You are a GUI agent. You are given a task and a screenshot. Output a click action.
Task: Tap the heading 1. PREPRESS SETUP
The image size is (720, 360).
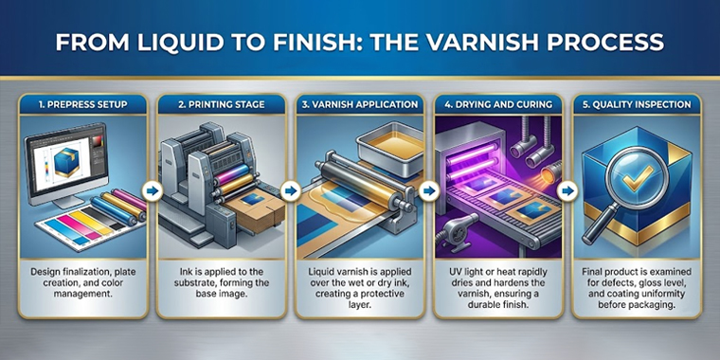click(83, 105)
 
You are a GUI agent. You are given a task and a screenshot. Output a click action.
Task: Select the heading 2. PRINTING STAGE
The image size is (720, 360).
click(222, 105)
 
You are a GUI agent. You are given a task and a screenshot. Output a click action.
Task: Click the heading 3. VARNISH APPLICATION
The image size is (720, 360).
click(360, 105)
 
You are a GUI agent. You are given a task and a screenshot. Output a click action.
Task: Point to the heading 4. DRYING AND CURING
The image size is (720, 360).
click(498, 105)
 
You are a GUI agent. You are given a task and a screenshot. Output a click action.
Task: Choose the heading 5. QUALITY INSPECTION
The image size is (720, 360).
click(638, 105)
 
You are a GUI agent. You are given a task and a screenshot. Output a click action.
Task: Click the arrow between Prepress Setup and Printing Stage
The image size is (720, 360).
click(153, 190)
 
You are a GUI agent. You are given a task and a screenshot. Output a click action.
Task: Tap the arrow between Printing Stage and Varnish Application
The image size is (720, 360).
click(291, 190)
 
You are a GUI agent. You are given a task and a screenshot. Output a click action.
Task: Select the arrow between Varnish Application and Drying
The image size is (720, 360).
click(429, 190)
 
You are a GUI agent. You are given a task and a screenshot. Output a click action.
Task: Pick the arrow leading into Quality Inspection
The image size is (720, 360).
click(567, 190)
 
